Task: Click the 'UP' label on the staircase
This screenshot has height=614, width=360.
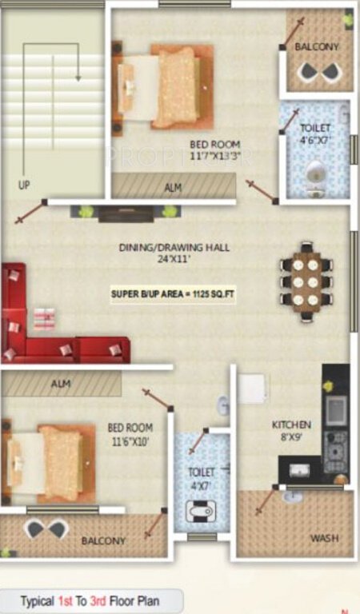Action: pyautogui.click(x=24, y=185)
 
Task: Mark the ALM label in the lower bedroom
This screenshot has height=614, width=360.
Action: pyautogui.click(x=61, y=384)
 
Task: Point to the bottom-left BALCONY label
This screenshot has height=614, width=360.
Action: pyautogui.click(x=103, y=541)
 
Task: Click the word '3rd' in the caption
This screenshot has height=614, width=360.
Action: pyautogui.click(x=104, y=600)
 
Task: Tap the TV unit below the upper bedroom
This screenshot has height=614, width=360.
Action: pyautogui.click(x=124, y=212)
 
